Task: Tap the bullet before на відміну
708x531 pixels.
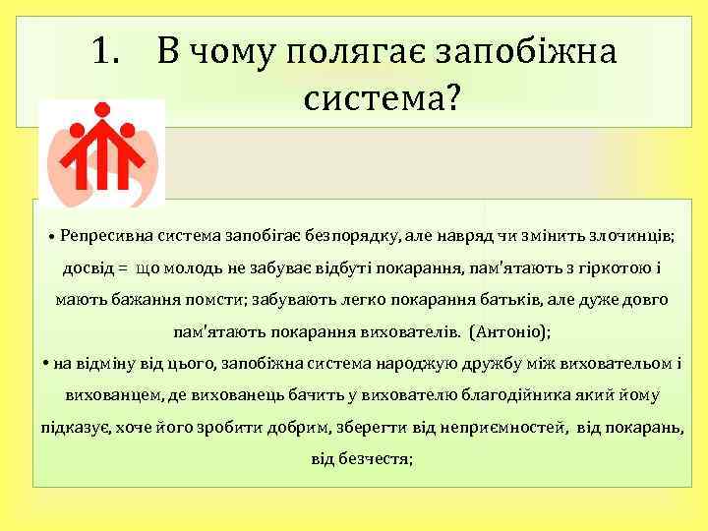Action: click(47, 363)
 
